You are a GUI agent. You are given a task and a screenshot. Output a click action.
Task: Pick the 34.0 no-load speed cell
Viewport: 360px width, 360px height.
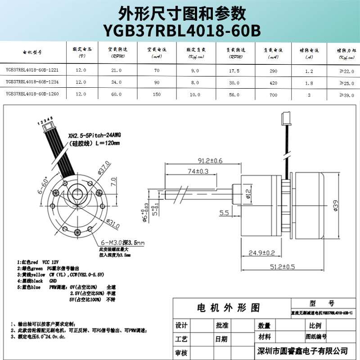click(x=116, y=82)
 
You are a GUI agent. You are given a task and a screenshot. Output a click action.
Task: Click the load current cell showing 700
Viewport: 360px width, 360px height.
click(x=273, y=95)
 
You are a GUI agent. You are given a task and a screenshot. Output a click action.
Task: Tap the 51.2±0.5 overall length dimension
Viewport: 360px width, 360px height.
click(x=282, y=267)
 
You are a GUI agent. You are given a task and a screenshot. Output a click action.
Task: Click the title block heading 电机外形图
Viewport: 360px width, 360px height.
click(x=229, y=308)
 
